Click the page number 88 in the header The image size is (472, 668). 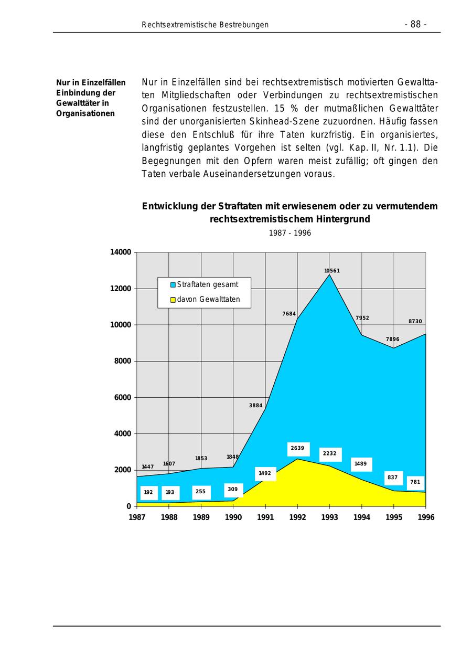point(415,25)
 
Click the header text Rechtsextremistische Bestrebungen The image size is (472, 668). point(205,25)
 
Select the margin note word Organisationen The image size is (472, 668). point(85,113)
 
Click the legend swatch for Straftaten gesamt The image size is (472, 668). point(173,285)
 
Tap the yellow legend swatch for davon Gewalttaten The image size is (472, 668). point(173,300)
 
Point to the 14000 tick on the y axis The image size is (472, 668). point(120,252)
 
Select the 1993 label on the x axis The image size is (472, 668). point(329,517)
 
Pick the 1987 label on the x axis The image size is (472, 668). point(137,517)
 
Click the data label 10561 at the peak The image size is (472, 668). point(332,271)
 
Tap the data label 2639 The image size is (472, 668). point(297,449)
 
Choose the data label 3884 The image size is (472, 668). point(255,406)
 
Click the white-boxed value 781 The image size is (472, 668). point(415,482)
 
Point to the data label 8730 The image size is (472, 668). point(415,322)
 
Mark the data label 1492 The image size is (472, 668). point(265,473)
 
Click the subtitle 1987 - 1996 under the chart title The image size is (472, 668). point(289,233)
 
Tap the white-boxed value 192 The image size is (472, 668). point(148,493)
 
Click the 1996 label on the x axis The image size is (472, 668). point(426,517)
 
